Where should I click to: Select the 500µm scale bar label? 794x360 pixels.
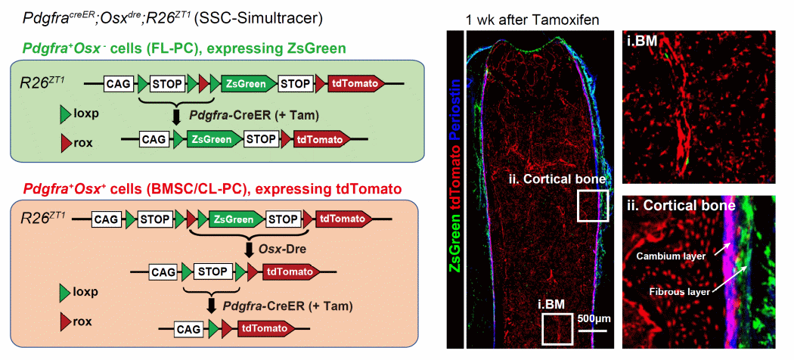point(592,318)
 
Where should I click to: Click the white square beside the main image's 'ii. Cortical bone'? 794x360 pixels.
point(592,206)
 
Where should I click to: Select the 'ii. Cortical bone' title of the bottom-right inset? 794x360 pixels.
point(681,206)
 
